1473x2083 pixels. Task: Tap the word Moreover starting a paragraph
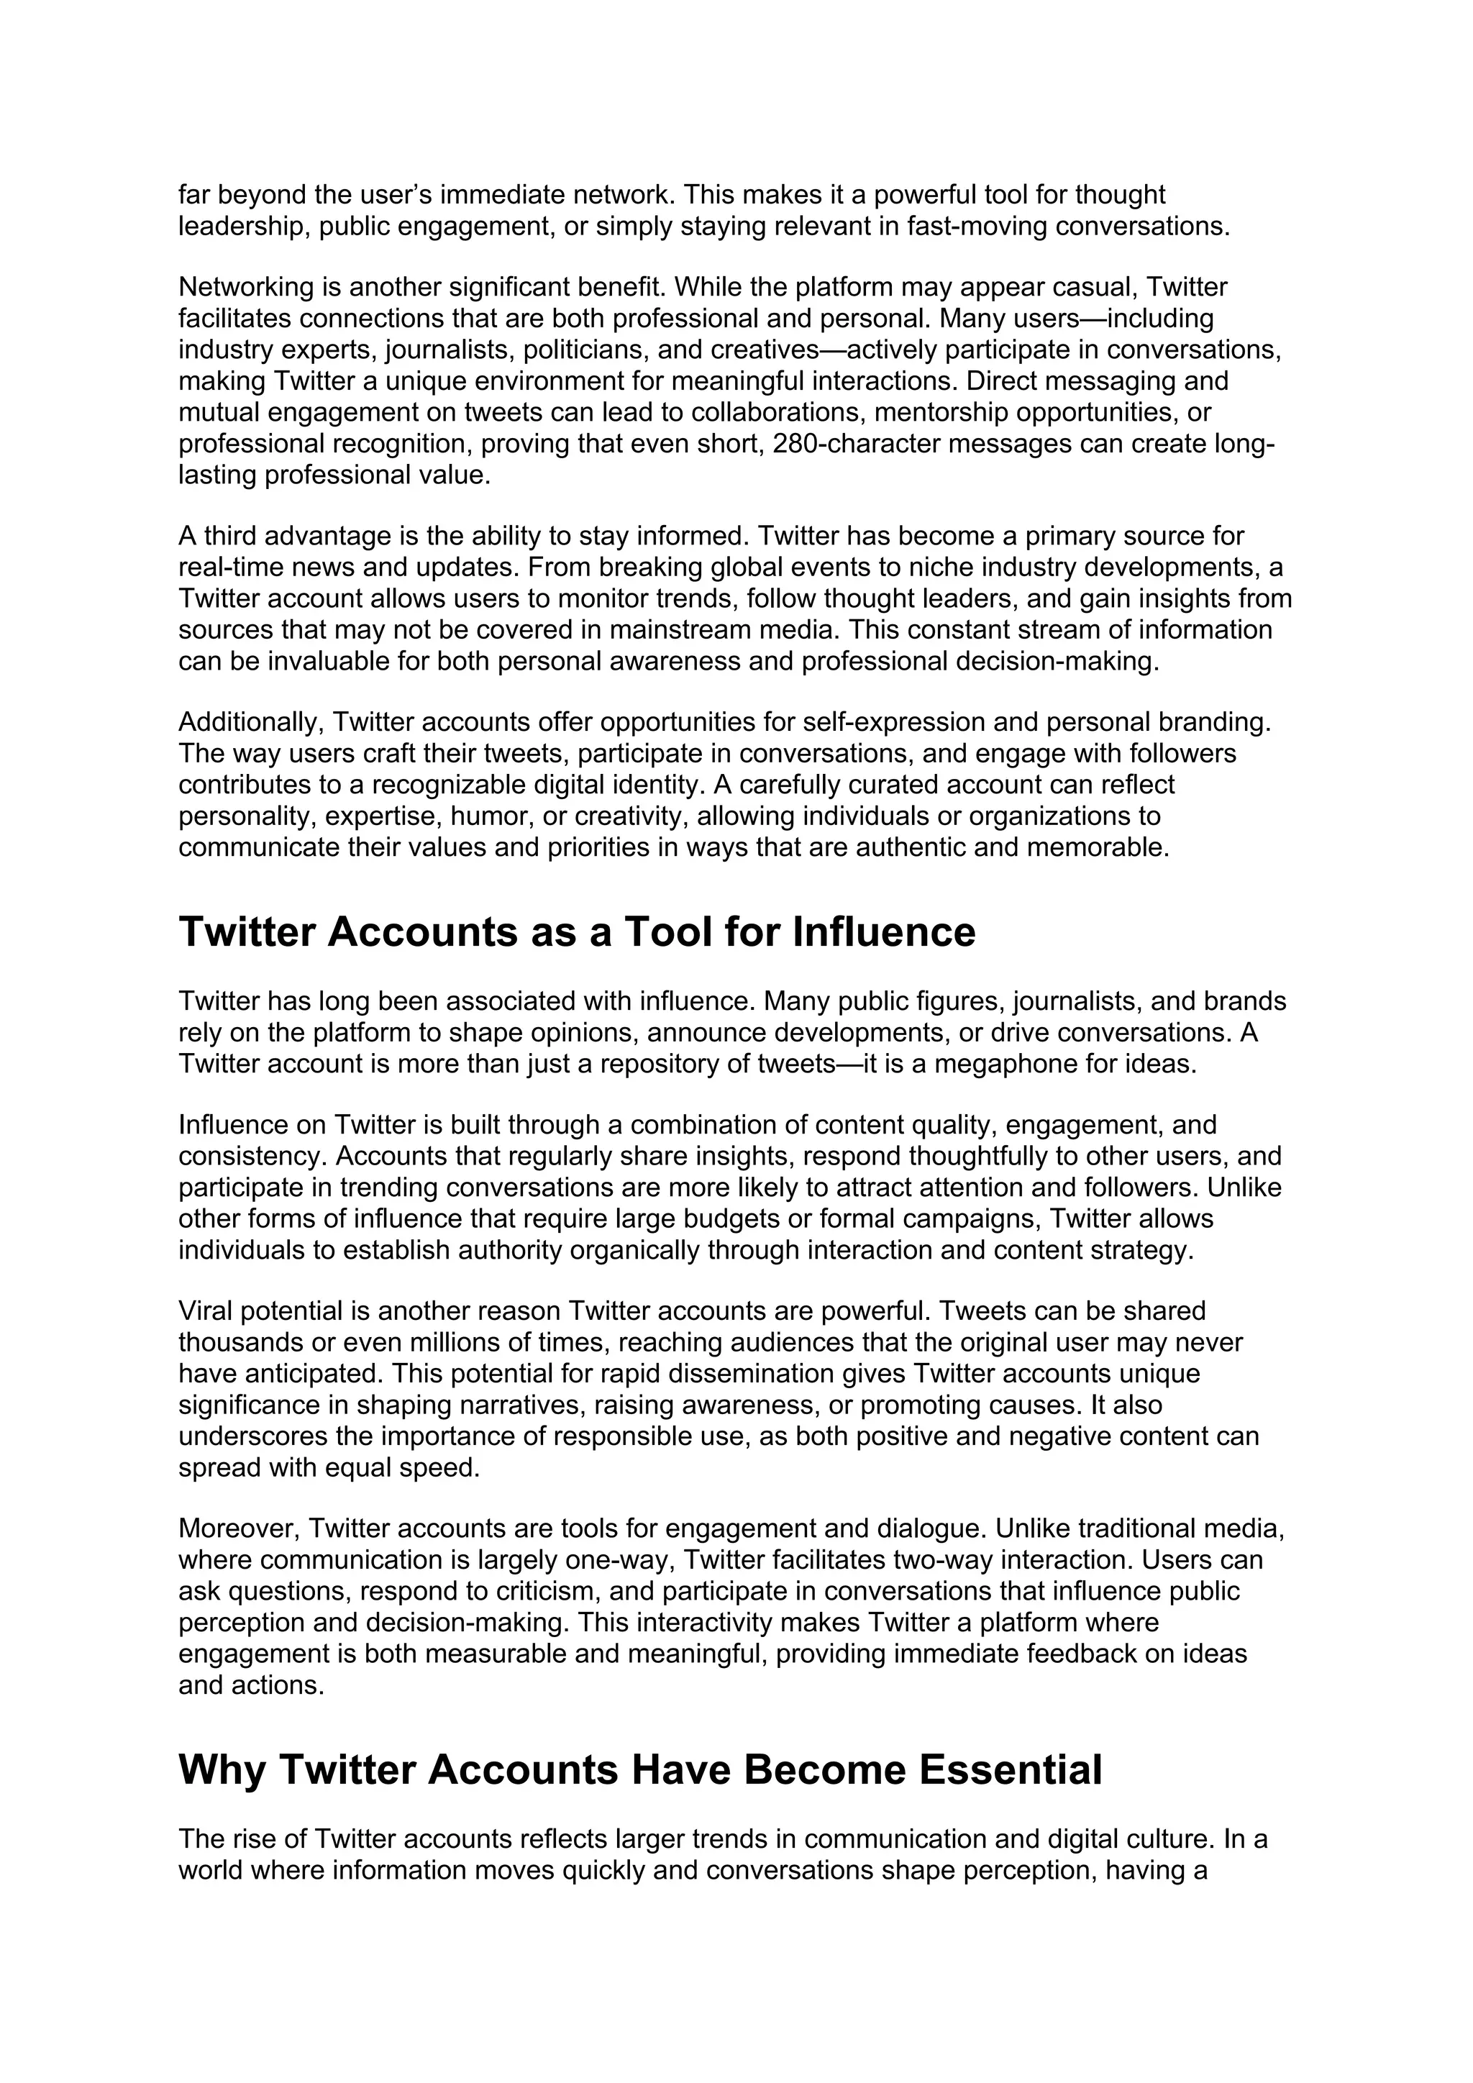tap(237, 1528)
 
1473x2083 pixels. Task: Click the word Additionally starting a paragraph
tap(251, 722)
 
